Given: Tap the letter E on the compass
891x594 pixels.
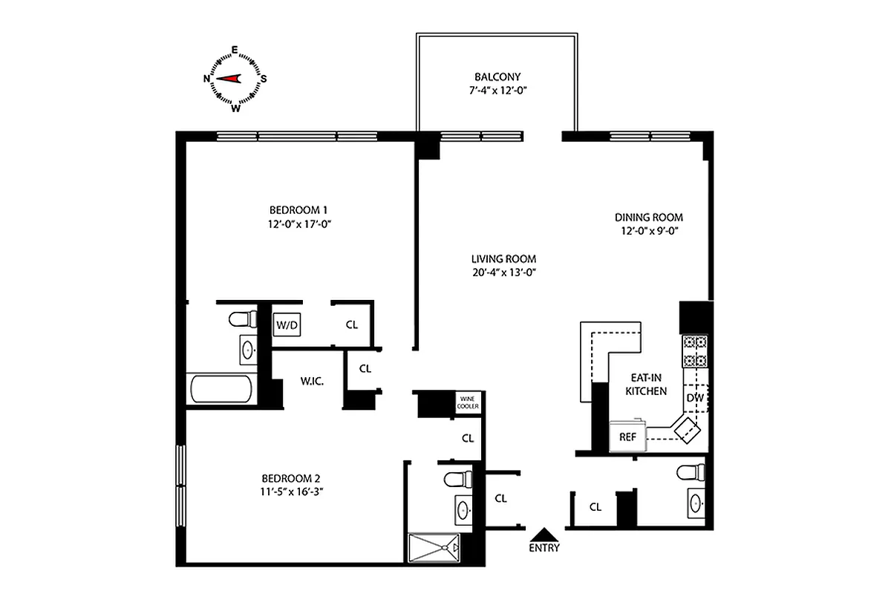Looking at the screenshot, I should (235, 50).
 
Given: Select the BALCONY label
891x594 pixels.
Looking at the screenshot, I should (497, 76).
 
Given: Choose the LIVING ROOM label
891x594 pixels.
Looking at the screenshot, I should (503, 258).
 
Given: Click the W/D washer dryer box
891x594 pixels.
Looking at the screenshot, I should (287, 324).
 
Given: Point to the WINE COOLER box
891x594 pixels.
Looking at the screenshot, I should (469, 404).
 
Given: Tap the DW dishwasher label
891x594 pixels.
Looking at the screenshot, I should (695, 398).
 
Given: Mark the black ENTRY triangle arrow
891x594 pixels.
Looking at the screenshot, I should (544, 534).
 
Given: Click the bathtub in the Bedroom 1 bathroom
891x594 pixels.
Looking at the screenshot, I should (221, 389).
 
